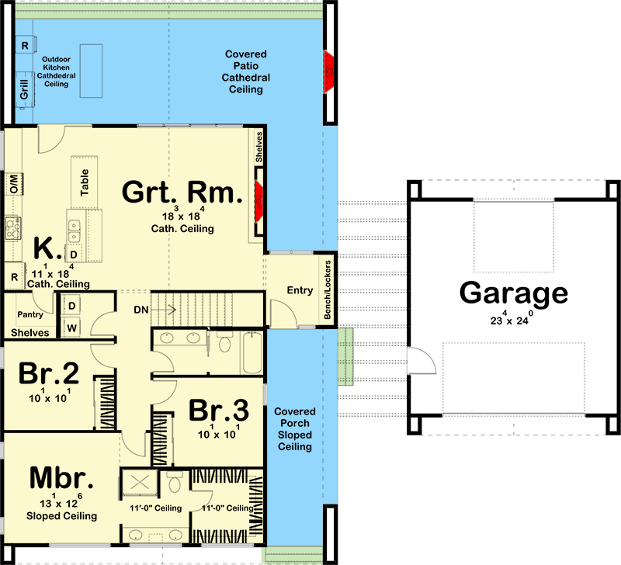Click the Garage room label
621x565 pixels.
coord(513,294)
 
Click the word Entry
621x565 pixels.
coord(299,292)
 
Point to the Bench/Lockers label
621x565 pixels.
coord(328,289)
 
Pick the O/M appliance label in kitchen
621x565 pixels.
coord(12,184)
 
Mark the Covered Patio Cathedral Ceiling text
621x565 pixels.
coord(246,72)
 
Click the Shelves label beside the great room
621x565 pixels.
coord(259,147)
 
